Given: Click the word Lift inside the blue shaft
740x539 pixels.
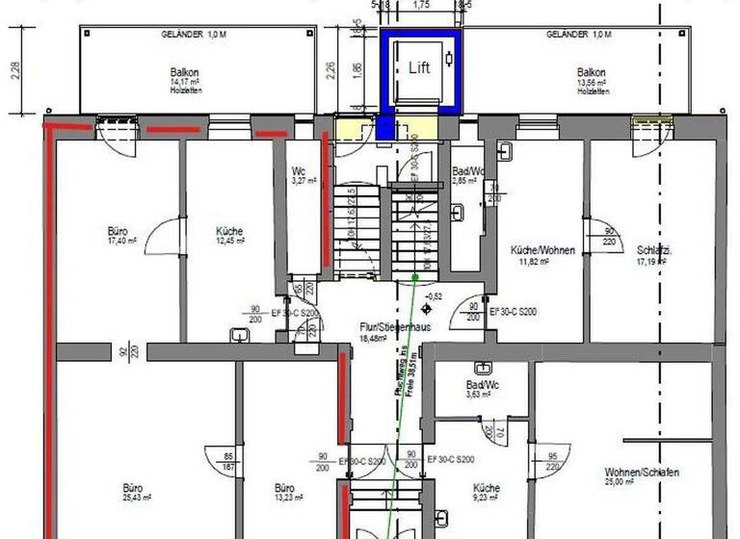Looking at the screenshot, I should pyautogui.click(x=419, y=66).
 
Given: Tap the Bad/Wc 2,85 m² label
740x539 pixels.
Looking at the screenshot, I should pyautogui.click(x=469, y=176).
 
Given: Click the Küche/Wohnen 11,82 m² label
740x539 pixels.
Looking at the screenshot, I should pyautogui.click(x=542, y=255).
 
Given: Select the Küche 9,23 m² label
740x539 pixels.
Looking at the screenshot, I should pyautogui.click(x=487, y=493).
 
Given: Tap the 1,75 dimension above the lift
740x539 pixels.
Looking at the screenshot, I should pyautogui.click(x=420, y=6).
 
